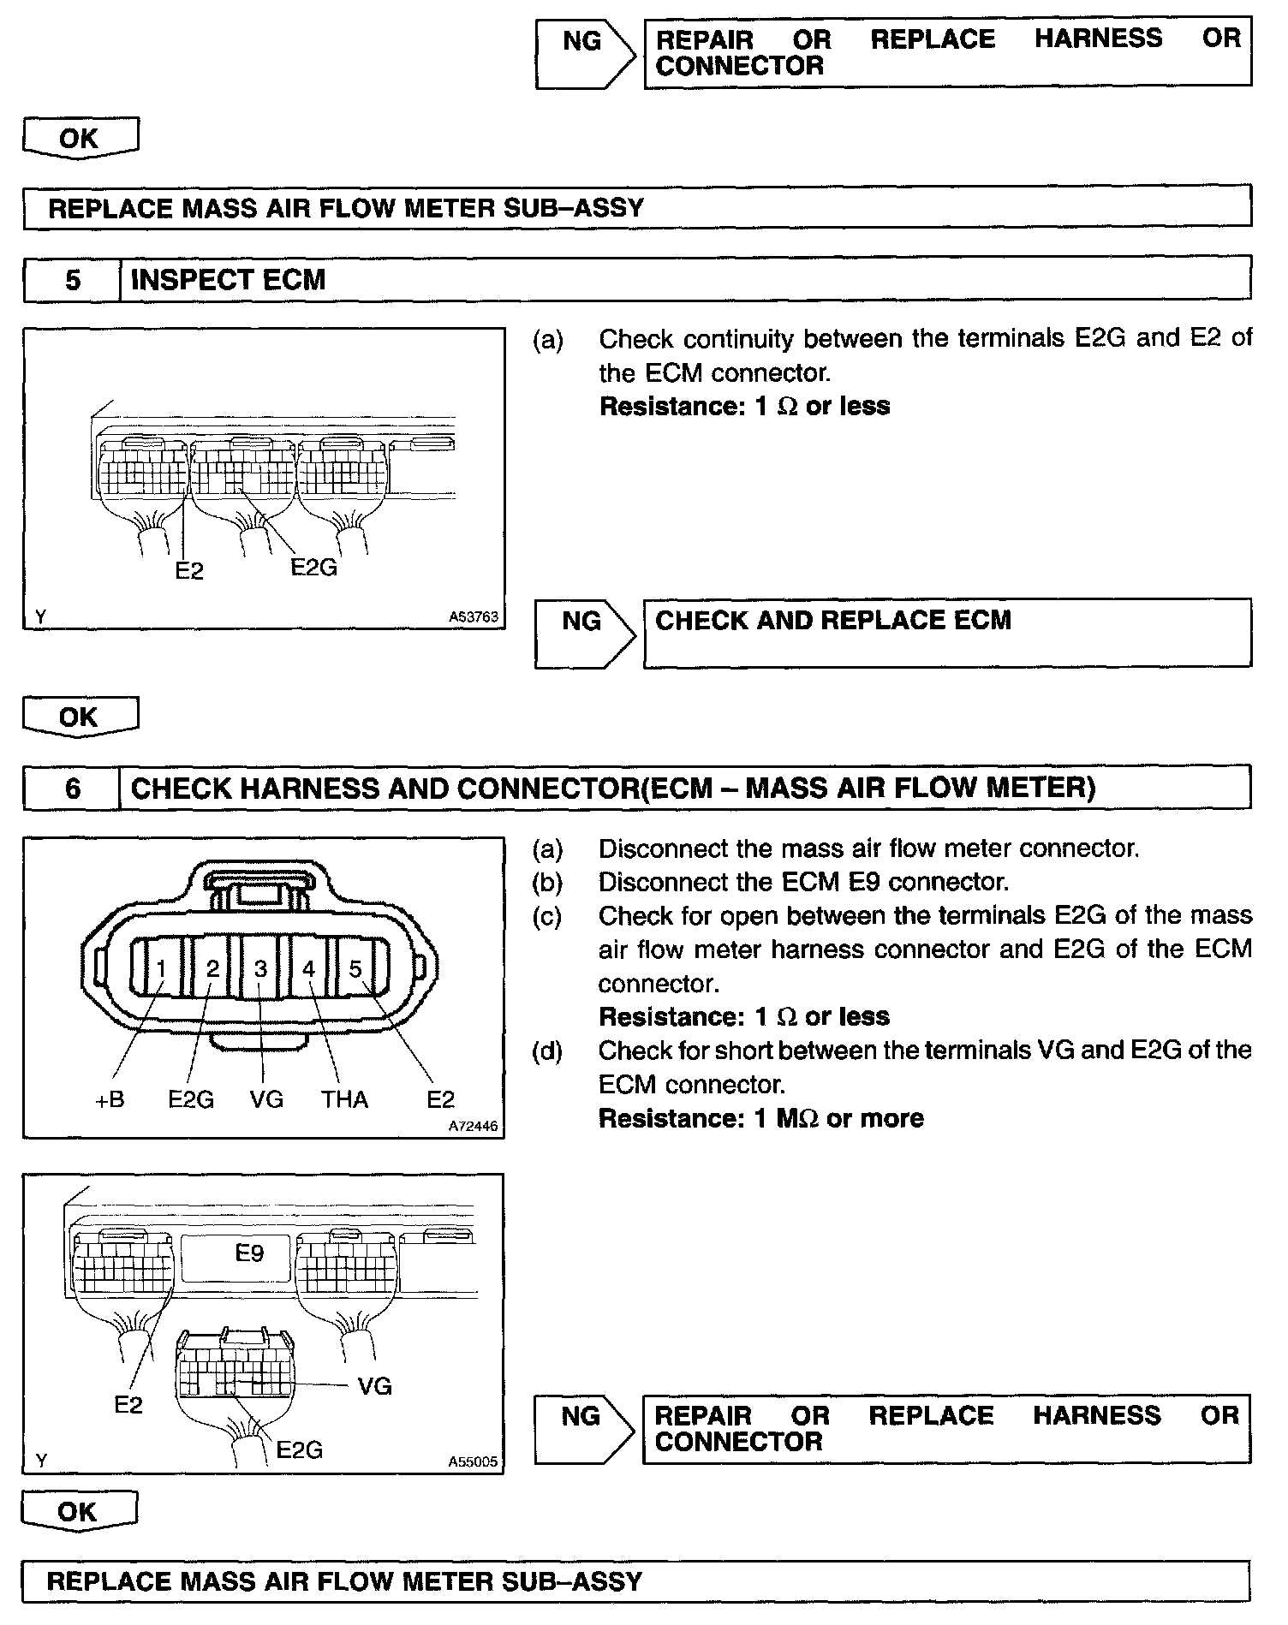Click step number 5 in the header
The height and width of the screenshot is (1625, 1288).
[73, 280]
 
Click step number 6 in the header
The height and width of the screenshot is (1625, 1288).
[73, 788]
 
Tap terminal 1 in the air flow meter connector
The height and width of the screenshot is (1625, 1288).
[161, 968]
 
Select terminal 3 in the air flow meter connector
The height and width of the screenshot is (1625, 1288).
[260, 968]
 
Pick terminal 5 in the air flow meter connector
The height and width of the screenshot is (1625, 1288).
[355, 968]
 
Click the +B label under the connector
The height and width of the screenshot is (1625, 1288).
[110, 1099]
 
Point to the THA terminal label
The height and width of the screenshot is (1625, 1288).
[344, 1099]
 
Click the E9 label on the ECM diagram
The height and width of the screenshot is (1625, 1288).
[249, 1253]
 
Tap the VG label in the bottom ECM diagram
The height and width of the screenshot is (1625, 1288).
[374, 1386]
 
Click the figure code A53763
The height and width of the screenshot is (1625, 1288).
[474, 616]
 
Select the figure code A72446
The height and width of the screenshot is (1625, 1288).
[473, 1127]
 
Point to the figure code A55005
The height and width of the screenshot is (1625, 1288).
[473, 1462]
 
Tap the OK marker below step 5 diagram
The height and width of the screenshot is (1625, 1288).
[80, 716]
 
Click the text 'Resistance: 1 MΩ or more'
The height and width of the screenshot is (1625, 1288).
[761, 1118]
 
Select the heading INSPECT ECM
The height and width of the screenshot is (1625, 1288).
[229, 280]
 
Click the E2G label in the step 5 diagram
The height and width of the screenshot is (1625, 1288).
[313, 568]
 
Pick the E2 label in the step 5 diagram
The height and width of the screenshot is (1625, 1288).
[189, 571]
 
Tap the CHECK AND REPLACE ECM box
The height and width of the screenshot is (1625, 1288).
[946, 633]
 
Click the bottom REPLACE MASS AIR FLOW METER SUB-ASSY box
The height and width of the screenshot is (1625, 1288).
[635, 1580]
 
